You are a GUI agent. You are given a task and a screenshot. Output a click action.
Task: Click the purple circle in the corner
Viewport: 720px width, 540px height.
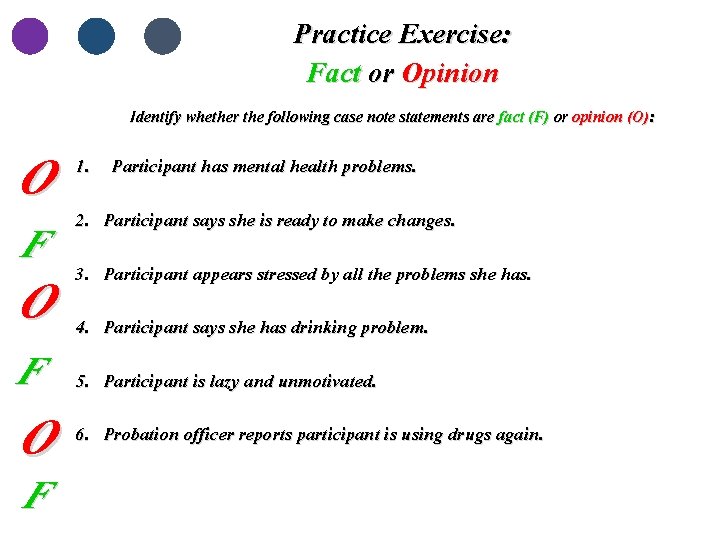coord(30,36)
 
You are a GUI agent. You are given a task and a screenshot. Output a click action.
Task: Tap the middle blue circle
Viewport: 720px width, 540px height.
coord(97,36)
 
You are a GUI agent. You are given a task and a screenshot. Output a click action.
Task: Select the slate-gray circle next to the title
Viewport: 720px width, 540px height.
coord(162,36)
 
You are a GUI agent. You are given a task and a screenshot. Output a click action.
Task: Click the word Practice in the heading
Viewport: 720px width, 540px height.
coord(343,35)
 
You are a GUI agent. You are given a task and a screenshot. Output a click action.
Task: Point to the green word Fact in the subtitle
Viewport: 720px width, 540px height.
coord(334,74)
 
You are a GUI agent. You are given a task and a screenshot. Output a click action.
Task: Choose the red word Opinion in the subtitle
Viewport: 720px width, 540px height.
coord(450,74)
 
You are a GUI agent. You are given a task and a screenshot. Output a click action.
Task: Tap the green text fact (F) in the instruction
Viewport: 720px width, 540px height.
coord(523,117)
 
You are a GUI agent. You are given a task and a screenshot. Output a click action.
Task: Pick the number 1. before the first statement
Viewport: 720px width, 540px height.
coord(84,166)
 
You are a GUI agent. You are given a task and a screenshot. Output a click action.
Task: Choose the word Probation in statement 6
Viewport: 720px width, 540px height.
coord(140,435)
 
